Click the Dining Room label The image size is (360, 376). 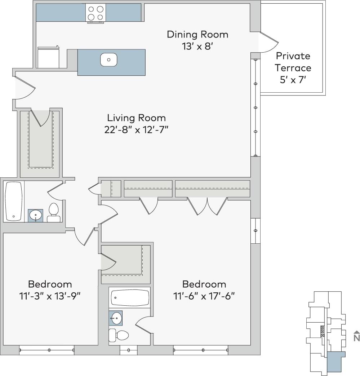click(197, 35)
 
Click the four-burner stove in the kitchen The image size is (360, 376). click(95, 13)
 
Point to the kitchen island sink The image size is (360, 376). click(108, 59)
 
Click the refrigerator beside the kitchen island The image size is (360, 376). click(48, 58)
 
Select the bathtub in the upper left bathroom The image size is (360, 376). click(14, 201)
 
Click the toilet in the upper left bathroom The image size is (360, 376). click(54, 213)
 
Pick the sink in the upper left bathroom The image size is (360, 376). click(36, 216)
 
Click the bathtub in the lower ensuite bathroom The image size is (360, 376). click(130, 297)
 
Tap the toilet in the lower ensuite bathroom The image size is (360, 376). click(119, 335)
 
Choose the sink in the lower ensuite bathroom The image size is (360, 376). click(116, 318)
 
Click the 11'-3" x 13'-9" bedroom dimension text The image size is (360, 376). click(50, 296)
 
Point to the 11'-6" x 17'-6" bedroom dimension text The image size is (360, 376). click(204, 296)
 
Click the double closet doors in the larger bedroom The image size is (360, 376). click(207, 206)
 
